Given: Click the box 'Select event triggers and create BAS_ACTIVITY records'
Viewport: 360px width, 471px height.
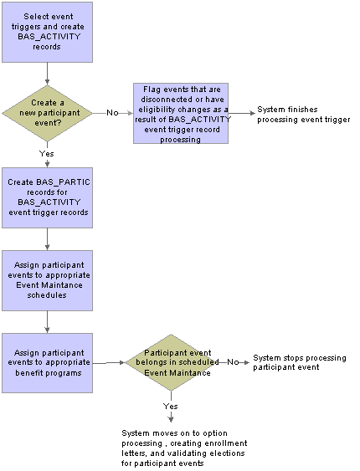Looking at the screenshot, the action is [x=47, y=32].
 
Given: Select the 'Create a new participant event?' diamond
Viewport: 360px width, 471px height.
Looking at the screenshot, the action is [x=47, y=113].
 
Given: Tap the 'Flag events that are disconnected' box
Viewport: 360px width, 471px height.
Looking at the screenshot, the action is [x=181, y=113].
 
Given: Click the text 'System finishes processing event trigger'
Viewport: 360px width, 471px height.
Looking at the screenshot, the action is [x=304, y=115].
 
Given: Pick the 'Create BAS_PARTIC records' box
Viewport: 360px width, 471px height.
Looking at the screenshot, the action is [x=47, y=197].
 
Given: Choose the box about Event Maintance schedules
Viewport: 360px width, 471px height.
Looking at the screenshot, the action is [x=47, y=280].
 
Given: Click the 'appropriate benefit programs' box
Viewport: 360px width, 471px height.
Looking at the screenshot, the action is [x=47, y=363].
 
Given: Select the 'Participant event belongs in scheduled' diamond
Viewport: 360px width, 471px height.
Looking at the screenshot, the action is [x=172, y=362].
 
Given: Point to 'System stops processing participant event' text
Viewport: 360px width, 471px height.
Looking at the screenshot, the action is [x=299, y=362].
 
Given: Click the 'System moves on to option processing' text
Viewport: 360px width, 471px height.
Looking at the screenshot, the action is [x=184, y=448].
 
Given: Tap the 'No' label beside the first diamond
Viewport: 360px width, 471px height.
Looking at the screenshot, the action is [x=112, y=113].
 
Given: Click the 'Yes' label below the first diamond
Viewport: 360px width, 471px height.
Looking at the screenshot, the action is [x=47, y=154].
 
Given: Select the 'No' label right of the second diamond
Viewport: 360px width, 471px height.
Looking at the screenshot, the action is [x=233, y=362].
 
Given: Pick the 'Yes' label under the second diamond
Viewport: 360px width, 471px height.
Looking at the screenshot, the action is [x=171, y=407].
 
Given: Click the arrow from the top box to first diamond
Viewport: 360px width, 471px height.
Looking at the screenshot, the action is [x=47, y=74].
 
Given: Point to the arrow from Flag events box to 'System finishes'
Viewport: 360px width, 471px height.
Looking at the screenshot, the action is [x=242, y=113].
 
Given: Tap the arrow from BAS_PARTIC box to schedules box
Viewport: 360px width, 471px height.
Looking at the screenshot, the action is [x=47, y=239].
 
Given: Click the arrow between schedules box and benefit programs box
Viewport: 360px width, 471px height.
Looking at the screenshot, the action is [x=47, y=322].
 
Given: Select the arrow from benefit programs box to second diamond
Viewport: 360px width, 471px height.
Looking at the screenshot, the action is [x=109, y=363].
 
